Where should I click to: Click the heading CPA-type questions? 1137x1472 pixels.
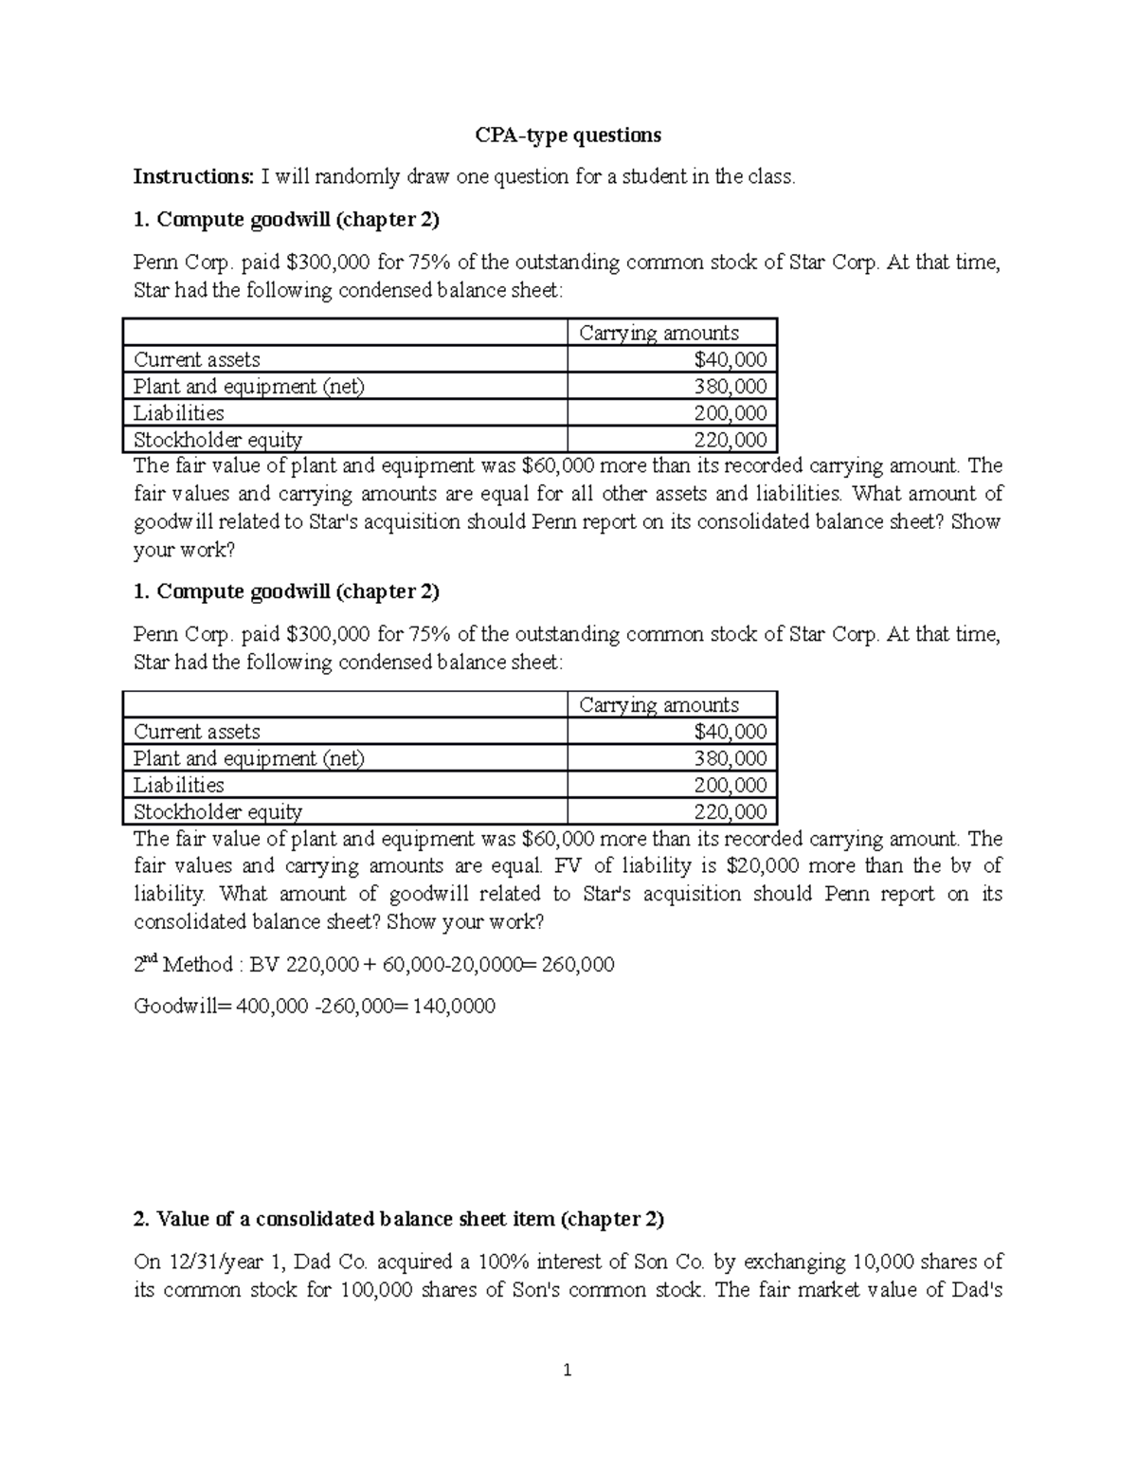coord(568,135)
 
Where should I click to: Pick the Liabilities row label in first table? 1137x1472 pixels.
coord(179,413)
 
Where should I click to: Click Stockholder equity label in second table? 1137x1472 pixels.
coord(218,812)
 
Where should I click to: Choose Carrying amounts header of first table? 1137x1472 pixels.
coord(659,333)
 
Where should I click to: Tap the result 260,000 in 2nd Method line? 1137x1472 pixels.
coord(576,965)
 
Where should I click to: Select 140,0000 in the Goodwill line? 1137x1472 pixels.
coord(455,1007)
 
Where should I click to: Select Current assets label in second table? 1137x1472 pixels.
coord(197,732)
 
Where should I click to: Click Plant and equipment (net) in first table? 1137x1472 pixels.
coord(249,387)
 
